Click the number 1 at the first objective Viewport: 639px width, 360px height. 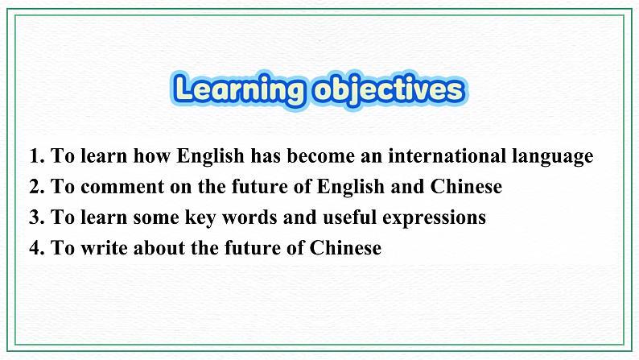pos(33,156)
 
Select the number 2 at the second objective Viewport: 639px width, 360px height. pos(33,187)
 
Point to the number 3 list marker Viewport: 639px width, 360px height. pos(33,217)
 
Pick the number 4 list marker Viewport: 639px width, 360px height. pos(33,248)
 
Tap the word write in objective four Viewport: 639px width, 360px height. pos(105,248)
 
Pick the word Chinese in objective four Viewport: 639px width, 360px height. pos(346,248)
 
